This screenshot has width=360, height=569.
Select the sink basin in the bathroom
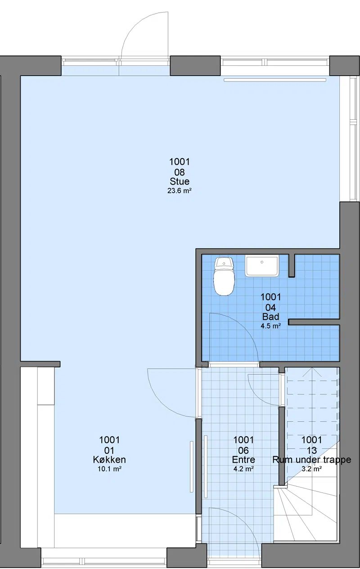pos(262,266)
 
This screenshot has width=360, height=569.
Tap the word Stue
pos(180,181)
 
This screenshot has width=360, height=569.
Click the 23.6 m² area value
pos(179,190)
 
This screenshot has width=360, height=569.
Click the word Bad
pos(270,317)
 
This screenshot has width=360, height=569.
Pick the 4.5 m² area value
pos(270,326)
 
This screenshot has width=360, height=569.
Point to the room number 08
pos(180,172)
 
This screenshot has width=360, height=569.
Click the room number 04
pos(270,307)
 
